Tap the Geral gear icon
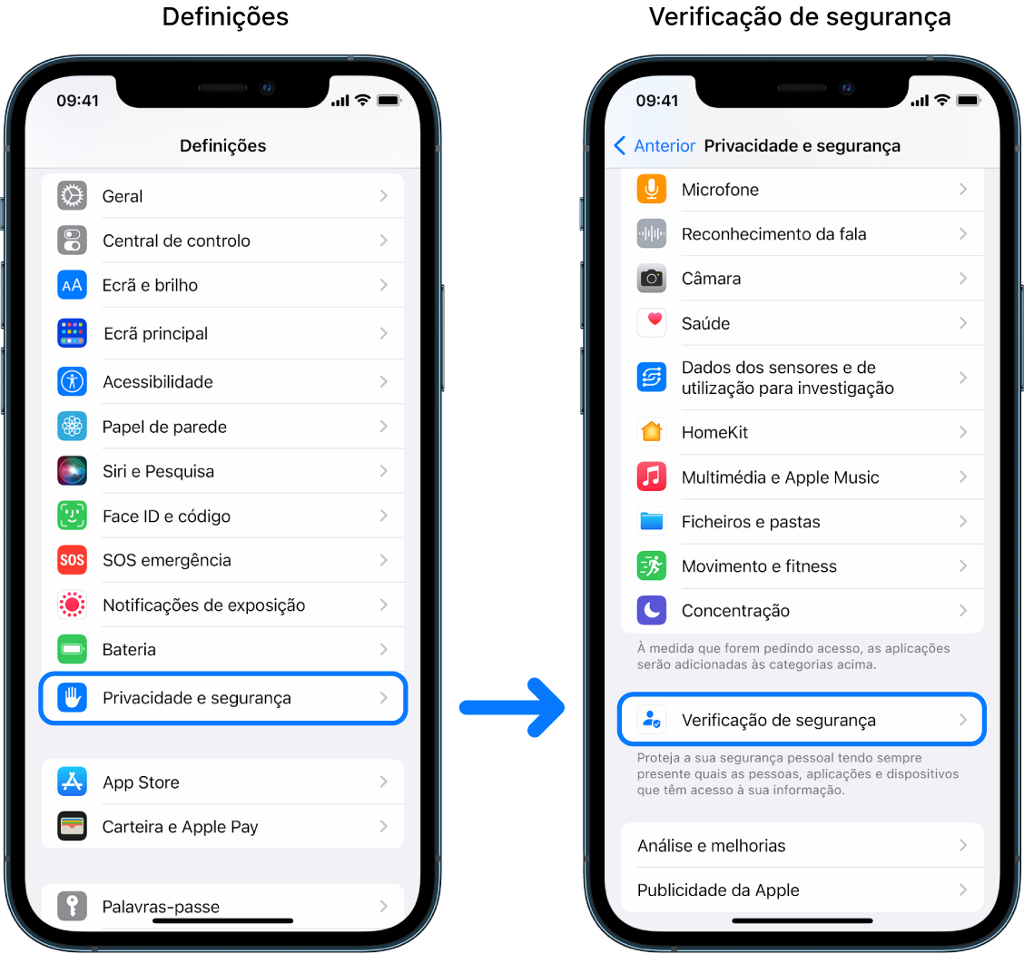point(72,196)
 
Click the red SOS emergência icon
point(72,560)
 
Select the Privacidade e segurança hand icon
point(72,698)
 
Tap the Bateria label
point(129,650)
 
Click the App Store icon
point(72,782)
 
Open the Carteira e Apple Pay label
point(180,827)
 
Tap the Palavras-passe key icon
point(72,906)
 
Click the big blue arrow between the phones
point(512,706)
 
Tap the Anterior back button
point(655,146)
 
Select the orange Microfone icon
point(652,190)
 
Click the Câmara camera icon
point(652,279)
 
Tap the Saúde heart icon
point(652,323)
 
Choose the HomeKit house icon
point(652,432)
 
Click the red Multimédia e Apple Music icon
point(652,477)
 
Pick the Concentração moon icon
point(652,611)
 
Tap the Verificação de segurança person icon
point(652,721)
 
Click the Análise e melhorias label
point(711,846)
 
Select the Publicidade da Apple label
point(718,890)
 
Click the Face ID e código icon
point(72,516)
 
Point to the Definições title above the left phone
point(225,16)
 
